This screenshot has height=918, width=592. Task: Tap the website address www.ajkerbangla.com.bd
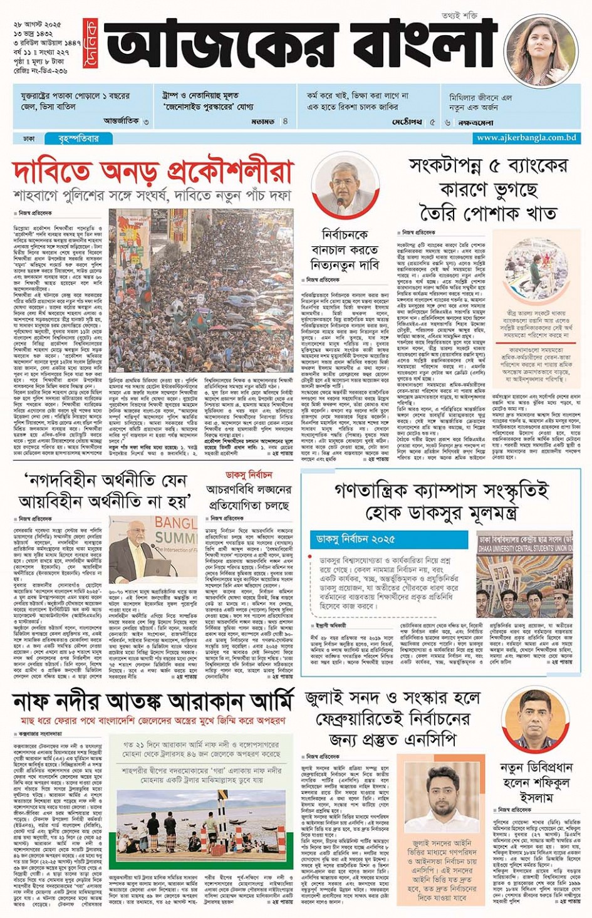[526, 138]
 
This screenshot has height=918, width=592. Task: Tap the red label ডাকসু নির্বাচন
[249, 474]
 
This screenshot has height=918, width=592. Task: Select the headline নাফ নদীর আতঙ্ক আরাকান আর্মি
[153, 701]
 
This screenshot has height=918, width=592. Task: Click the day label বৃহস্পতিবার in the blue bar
[78, 138]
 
